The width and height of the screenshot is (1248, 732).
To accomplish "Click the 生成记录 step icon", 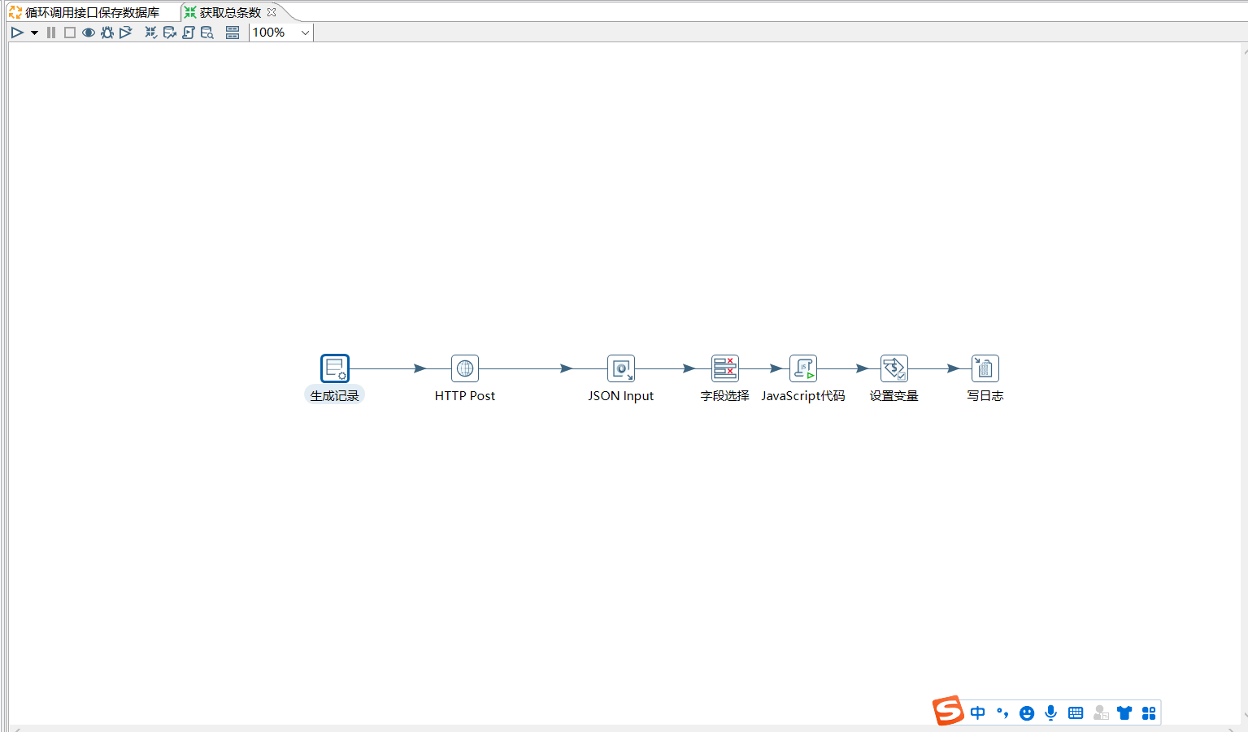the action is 335,368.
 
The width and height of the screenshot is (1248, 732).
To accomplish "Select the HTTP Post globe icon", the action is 465,368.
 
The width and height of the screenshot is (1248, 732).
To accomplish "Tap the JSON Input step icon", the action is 620,368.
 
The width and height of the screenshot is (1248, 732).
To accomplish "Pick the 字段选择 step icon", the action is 725,368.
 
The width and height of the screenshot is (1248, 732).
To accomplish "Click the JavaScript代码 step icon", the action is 802,368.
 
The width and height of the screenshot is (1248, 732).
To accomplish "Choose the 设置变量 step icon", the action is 894,368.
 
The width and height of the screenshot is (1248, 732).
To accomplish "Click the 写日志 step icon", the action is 985,368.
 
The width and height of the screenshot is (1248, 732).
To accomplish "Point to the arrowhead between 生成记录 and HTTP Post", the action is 420,368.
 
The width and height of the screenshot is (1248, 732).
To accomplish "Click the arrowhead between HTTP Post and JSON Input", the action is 566,368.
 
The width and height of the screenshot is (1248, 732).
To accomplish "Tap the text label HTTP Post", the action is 465,396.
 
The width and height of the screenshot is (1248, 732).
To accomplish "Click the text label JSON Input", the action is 620,396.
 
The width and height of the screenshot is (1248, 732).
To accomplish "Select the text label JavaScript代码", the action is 802,396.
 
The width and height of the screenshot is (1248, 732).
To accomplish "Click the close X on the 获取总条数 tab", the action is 272,11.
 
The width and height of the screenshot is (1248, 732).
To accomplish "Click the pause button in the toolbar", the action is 51,33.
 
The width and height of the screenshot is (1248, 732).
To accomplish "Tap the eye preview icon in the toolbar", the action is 88,33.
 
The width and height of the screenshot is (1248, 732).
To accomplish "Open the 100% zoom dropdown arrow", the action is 305,33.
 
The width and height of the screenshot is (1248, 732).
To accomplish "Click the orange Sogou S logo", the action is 948,710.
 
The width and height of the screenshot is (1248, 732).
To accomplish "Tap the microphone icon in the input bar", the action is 1050,712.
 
